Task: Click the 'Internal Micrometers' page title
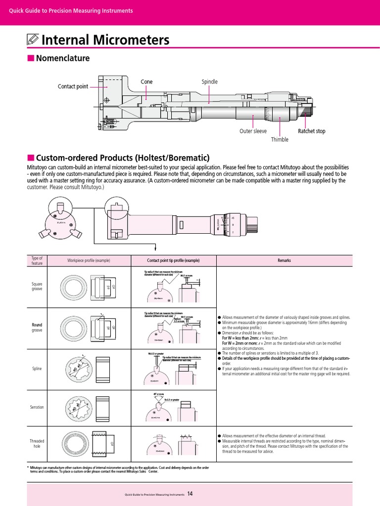[105, 40]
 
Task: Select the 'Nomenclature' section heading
[62, 58]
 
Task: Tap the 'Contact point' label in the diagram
[73, 86]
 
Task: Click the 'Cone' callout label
[146, 82]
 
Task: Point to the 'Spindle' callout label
[209, 82]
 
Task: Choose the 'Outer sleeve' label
[253, 131]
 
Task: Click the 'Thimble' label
[279, 139]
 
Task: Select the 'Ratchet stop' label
[311, 131]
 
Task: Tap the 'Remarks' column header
[284, 260]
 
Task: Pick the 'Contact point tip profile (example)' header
[173, 260]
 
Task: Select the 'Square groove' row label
[37, 286]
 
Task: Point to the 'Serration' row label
[37, 407]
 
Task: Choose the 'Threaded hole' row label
[37, 443]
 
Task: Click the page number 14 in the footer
[190, 493]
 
